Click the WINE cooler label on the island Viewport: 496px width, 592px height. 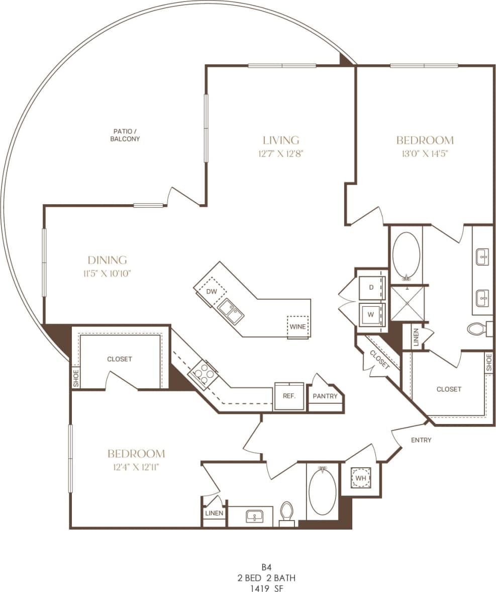tap(297, 326)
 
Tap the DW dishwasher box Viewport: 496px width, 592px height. tap(212, 291)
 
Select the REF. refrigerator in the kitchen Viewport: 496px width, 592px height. tap(289, 396)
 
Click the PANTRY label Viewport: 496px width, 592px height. tap(325, 396)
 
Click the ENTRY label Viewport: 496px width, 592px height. tap(421, 440)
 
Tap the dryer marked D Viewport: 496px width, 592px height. tap(372, 288)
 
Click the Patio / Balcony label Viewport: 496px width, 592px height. tap(125, 135)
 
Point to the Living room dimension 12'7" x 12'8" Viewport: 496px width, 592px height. tap(281, 154)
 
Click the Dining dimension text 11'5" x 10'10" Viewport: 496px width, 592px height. tap(108, 274)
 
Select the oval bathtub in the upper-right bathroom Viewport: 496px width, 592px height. tap(406, 255)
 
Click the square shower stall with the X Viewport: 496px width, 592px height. tap(407, 303)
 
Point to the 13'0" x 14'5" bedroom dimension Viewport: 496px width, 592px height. tap(425, 154)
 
